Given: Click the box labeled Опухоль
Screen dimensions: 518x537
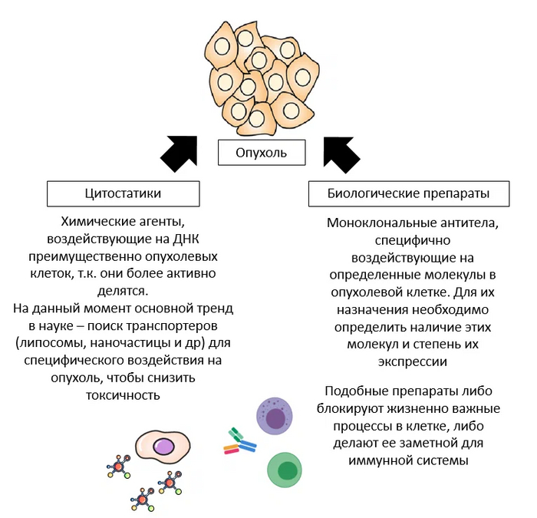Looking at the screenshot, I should tap(261, 152).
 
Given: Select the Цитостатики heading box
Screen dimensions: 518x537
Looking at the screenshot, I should tap(123, 193).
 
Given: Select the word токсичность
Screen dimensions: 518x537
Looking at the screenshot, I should tap(123, 395).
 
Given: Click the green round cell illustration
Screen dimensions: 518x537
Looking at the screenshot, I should tap(285, 470).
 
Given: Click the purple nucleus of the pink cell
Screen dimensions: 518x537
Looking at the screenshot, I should tap(163, 447).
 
